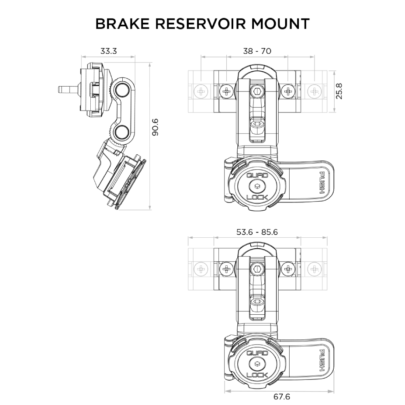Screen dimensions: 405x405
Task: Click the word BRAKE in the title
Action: pyautogui.click(x=122, y=24)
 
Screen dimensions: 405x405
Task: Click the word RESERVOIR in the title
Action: pyautogui.click(x=200, y=24)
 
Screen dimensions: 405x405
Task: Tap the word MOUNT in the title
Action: pyautogui.click(x=280, y=24)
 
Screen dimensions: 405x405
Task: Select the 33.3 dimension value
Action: pyautogui.click(x=109, y=51)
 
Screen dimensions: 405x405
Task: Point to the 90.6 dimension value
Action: pyautogui.click(x=155, y=127)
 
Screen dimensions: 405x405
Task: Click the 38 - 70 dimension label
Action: pyautogui.click(x=257, y=51)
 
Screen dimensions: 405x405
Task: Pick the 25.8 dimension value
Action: pyautogui.click(x=339, y=91)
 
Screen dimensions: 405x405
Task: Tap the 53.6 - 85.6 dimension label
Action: pyautogui.click(x=257, y=232)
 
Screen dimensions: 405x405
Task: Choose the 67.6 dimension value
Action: pyautogui.click(x=281, y=396)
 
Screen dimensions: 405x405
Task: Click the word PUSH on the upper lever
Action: pyautogui.click(x=322, y=183)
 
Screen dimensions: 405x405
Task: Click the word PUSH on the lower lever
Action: pyautogui.click(x=322, y=360)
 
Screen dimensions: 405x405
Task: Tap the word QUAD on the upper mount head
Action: pyautogui.click(x=257, y=175)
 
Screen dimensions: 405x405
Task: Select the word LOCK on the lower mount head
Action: pyautogui.click(x=257, y=375)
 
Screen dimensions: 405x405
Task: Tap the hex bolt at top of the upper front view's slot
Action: pyautogui.click(x=257, y=92)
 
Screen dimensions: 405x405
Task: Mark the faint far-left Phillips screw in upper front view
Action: pyautogui.click(x=201, y=91)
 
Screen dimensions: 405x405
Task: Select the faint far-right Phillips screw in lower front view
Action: pyautogui.click(x=314, y=269)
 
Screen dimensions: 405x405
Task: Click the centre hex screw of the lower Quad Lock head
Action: pyautogui.click(x=257, y=364)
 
